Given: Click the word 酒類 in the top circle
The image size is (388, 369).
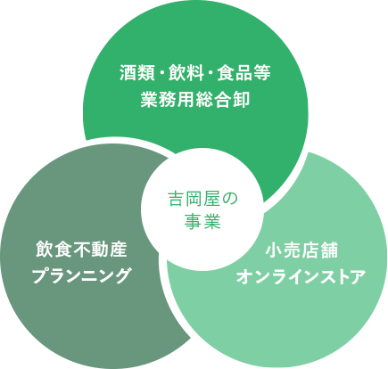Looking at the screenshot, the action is (137, 73).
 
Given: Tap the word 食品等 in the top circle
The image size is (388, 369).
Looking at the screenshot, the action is (244, 73).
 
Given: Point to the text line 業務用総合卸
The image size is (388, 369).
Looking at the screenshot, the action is (195, 99).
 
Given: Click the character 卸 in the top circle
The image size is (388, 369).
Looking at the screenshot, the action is (241, 99).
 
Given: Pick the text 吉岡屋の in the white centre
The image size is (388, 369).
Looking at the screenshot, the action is (203, 199).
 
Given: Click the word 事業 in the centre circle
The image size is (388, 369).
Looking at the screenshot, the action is (202, 222).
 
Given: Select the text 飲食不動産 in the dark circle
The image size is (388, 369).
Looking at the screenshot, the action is (81, 250).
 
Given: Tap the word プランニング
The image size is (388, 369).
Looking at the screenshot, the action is (81, 275).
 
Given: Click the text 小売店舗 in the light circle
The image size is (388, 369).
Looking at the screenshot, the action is (301, 250).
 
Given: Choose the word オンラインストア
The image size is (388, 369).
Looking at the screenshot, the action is (301, 277).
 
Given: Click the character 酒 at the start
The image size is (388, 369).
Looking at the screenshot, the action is (128, 73).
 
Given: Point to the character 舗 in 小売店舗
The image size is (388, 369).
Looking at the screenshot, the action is (329, 250).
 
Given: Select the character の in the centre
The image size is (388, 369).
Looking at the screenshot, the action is (229, 199).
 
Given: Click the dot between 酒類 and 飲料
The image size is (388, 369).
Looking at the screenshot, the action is (161, 73).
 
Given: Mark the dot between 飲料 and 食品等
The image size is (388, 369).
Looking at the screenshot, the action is (211, 73).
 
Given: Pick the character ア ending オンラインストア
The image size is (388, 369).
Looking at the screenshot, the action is (357, 277).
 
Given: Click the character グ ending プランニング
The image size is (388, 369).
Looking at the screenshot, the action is (123, 275).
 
